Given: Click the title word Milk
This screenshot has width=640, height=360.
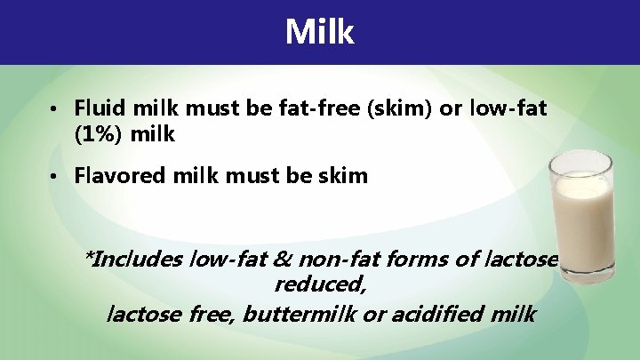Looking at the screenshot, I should (320, 32).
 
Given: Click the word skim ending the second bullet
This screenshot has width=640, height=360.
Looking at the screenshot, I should (341, 175).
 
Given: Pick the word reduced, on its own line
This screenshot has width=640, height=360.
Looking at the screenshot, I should (320, 286).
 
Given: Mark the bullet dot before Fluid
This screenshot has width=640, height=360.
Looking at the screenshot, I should (54, 110).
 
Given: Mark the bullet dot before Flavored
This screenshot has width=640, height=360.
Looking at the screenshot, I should (54, 176).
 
